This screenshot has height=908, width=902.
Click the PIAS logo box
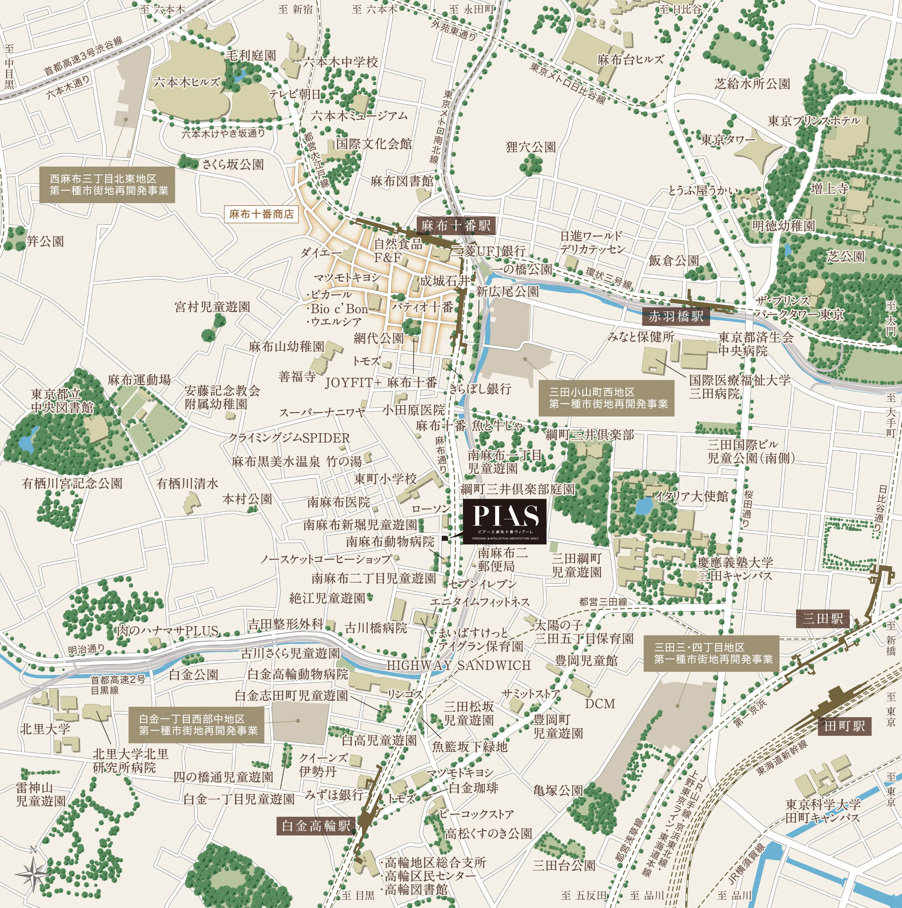tap(504, 521)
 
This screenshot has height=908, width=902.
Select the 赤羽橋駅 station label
tap(676, 316)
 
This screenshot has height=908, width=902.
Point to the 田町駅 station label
tap(845, 726)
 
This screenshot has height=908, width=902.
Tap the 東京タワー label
tap(728, 140)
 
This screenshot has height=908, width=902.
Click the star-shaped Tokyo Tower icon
tap(757, 155)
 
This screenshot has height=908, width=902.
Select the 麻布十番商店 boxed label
tap(261, 214)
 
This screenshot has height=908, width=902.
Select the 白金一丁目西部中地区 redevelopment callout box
tap(198, 725)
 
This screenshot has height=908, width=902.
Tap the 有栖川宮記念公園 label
tap(73, 483)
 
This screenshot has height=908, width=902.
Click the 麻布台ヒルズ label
tap(630, 60)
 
